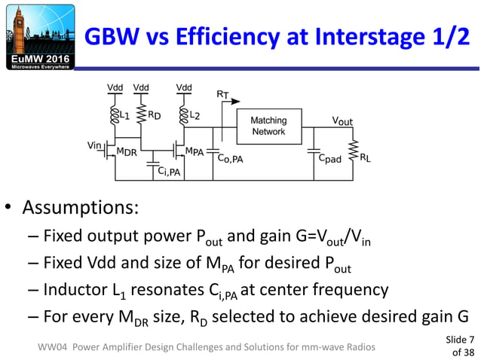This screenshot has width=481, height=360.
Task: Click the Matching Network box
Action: point(268,126)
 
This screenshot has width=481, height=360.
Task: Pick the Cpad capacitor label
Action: point(329,160)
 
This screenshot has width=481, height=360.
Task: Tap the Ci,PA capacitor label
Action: point(170,172)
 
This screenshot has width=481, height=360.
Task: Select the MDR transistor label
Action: point(126,151)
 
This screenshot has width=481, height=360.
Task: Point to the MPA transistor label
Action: point(195,151)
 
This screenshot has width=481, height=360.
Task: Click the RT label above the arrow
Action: point(222,95)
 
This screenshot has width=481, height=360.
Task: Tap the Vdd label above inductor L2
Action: point(184,88)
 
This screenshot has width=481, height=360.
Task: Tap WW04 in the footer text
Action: point(57,346)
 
